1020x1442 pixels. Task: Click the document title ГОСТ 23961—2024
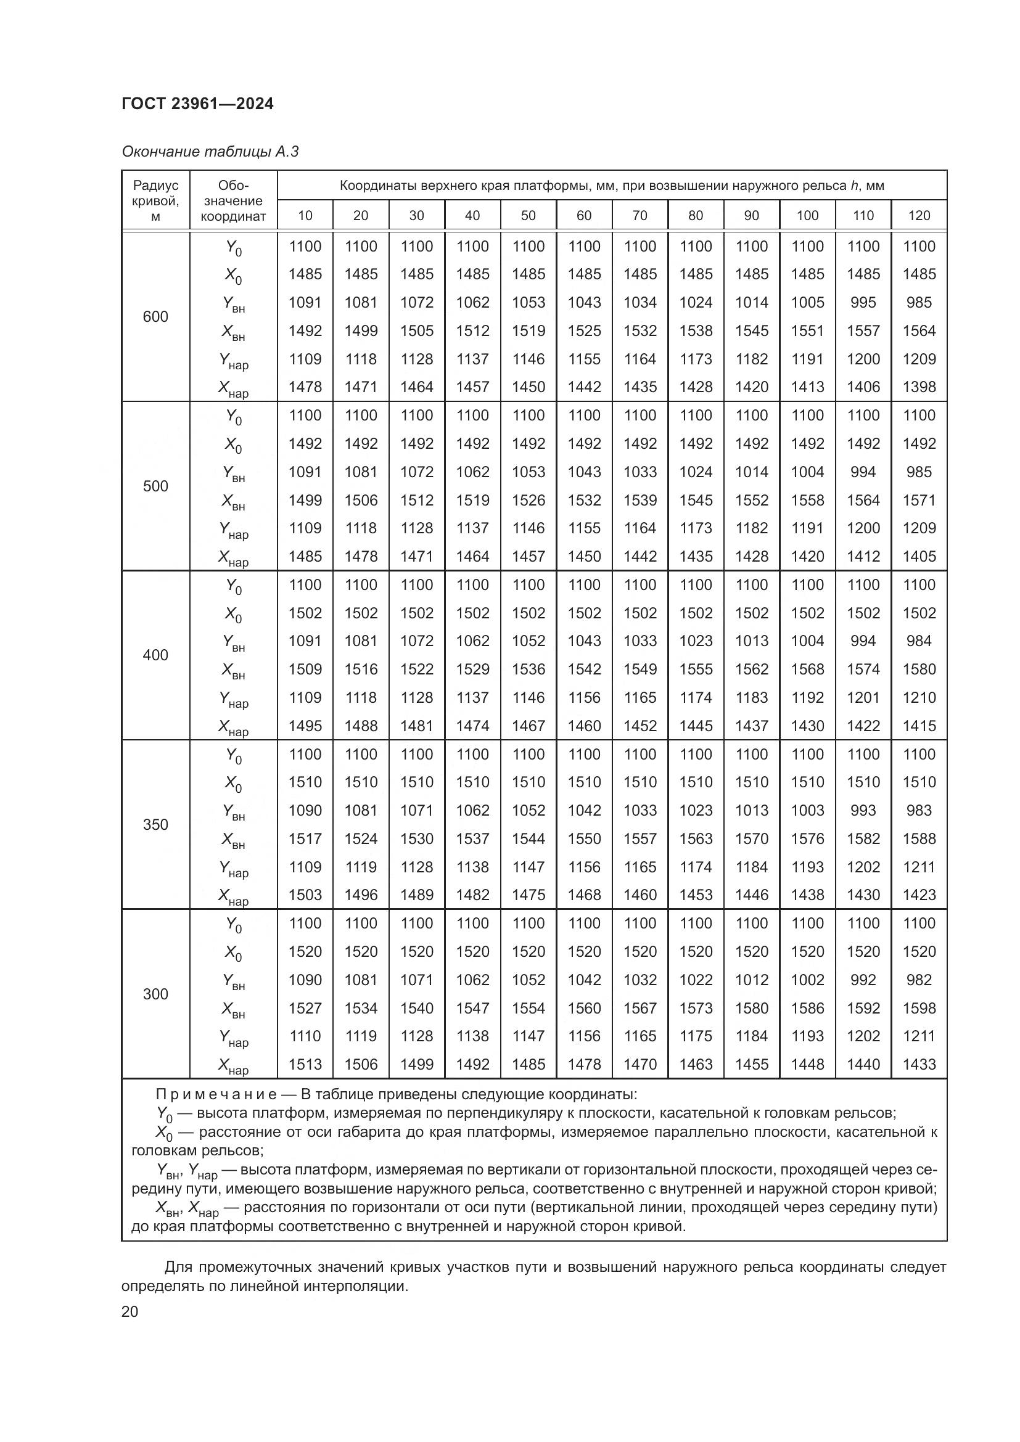pyautogui.click(x=197, y=104)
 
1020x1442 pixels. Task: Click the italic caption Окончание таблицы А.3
pyautogui.click(x=210, y=152)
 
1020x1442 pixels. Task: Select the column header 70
pyautogui.click(x=640, y=216)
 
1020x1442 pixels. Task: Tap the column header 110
pyautogui.click(x=863, y=216)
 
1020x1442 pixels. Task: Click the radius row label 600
pyautogui.click(x=155, y=317)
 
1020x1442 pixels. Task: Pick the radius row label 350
pyautogui.click(x=155, y=825)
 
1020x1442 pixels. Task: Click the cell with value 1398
pyautogui.click(x=919, y=388)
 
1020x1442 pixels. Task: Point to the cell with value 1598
pyautogui.click(x=919, y=1008)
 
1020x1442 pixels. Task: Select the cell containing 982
pyautogui.click(x=919, y=980)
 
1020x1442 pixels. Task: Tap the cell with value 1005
pyautogui.click(x=807, y=303)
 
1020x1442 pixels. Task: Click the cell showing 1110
pyautogui.click(x=305, y=1036)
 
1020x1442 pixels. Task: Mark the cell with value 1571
pyautogui.click(x=919, y=501)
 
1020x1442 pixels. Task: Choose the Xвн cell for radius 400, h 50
pyautogui.click(x=529, y=670)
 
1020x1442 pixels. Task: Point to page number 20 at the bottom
pyautogui.click(x=130, y=1312)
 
